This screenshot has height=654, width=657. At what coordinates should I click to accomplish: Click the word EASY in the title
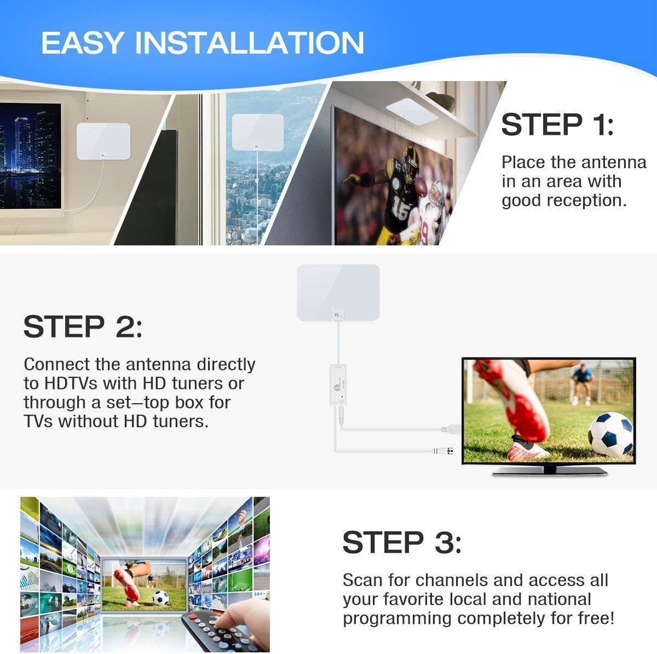tap(82, 43)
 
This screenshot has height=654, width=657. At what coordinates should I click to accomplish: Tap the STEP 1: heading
tap(557, 124)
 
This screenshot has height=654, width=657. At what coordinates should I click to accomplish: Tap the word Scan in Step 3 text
tap(362, 580)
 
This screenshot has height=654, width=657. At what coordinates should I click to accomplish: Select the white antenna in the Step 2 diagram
tap(338, 292)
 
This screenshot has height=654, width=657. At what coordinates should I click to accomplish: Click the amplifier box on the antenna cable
tap(339, 387)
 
